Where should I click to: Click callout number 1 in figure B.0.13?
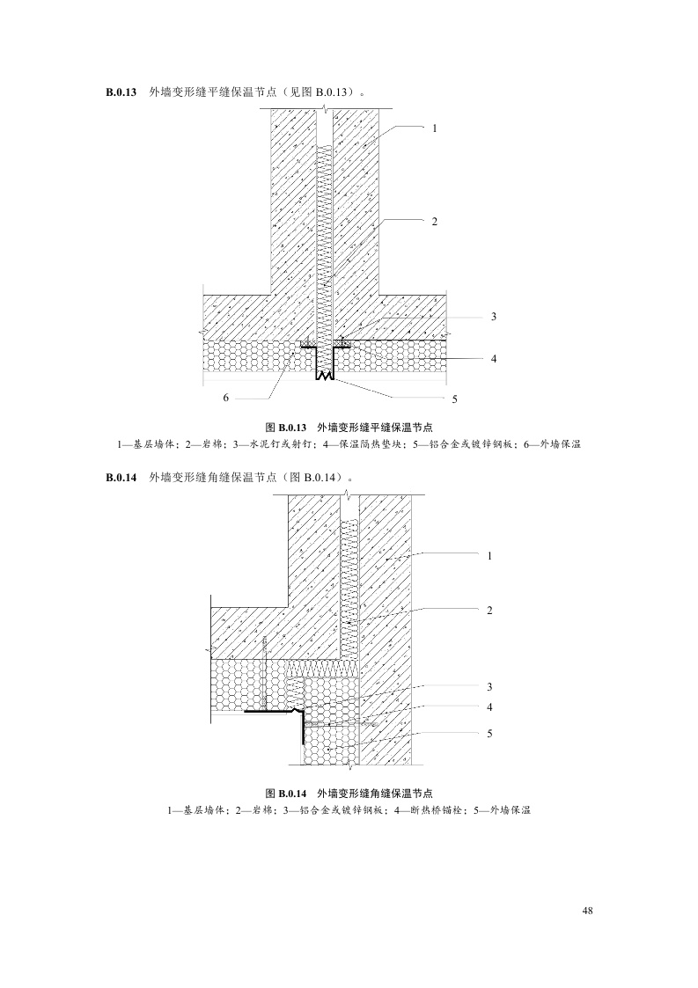click(x=434, y=128)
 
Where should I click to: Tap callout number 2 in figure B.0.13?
click(x=434, y=220)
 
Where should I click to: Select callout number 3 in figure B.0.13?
click(x=494, y=317)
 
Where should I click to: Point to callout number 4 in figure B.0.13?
click(x=494, y=359)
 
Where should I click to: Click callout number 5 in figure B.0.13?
click(x=454, y=399)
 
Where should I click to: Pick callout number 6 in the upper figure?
click(x=226, y=398)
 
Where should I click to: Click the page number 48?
click(x=587, y=911)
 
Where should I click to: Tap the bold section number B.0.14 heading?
click(x=121, y=478)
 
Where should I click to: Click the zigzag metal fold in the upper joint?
click(x=326, y=376)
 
